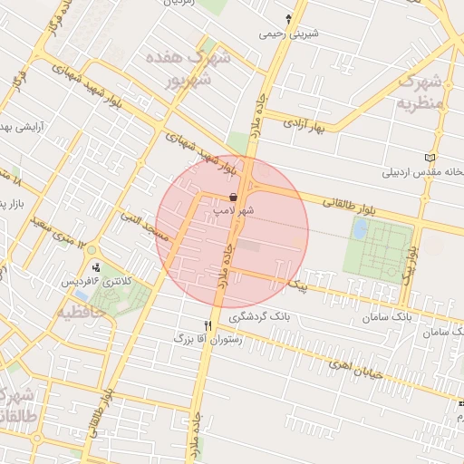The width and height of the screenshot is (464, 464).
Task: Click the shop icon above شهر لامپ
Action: (x=234, y=197)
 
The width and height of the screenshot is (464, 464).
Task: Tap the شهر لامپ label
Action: (x=233, y=209)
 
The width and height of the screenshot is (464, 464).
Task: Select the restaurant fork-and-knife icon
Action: (x=208, y=325)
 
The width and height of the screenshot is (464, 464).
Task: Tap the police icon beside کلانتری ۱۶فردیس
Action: (x=97, y=267)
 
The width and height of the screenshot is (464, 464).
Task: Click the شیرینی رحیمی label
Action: (x=286, y=34)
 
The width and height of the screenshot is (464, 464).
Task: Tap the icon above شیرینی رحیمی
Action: (x=289, y=18)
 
